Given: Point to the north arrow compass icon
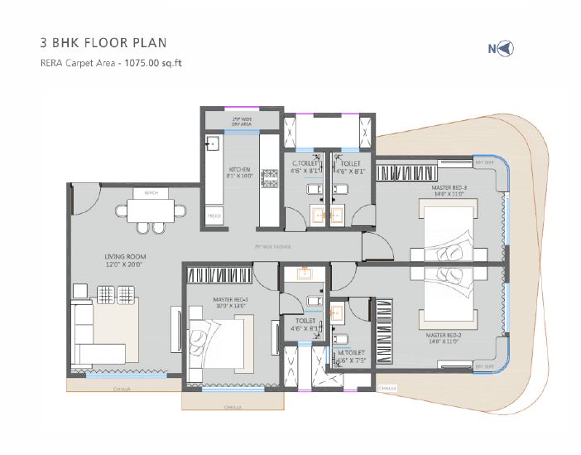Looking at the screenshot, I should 501,48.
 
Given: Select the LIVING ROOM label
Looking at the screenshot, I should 125,261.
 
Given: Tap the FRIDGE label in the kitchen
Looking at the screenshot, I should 214,215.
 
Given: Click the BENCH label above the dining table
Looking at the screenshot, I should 151,193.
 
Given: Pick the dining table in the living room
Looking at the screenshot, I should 151,211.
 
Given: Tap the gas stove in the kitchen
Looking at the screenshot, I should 268,176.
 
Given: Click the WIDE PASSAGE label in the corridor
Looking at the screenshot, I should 272,246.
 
